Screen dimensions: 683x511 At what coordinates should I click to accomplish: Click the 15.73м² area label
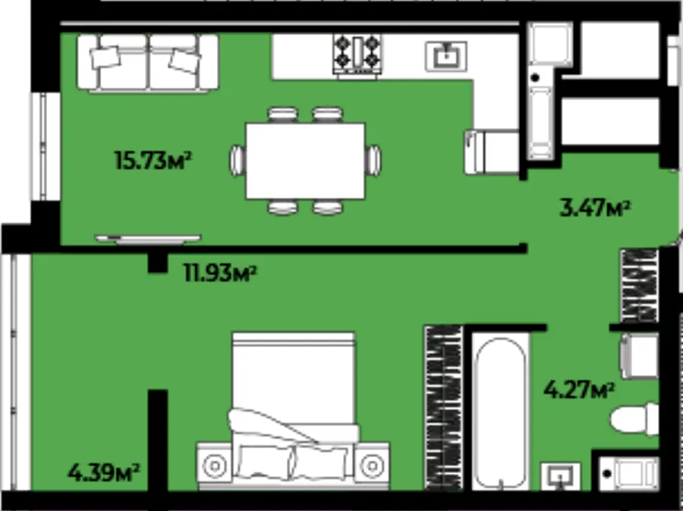153,160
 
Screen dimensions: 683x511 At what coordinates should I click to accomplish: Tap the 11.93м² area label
220,274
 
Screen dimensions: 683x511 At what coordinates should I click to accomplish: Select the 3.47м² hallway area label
595,208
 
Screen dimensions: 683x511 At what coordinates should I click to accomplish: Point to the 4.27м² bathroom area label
579,390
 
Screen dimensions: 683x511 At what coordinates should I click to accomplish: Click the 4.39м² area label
104,472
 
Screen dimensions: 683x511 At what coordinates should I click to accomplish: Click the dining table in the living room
305,161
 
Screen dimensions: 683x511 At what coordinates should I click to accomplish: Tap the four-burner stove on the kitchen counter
357,55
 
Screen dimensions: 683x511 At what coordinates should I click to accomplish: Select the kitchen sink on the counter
446,56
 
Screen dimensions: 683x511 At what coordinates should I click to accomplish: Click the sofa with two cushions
148,63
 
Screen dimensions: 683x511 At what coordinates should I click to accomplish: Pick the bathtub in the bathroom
501,412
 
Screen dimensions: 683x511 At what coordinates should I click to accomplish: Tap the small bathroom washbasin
561,475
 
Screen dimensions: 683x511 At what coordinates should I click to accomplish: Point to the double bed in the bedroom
293,409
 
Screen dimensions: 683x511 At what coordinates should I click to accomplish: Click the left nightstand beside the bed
214,466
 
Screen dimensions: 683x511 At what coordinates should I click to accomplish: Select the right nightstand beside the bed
372,466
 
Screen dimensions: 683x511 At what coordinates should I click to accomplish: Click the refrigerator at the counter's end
492,152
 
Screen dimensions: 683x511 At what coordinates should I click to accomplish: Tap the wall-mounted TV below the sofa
148,239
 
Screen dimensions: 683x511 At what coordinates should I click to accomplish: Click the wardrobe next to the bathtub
443,408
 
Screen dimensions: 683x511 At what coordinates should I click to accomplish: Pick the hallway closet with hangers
639,286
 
